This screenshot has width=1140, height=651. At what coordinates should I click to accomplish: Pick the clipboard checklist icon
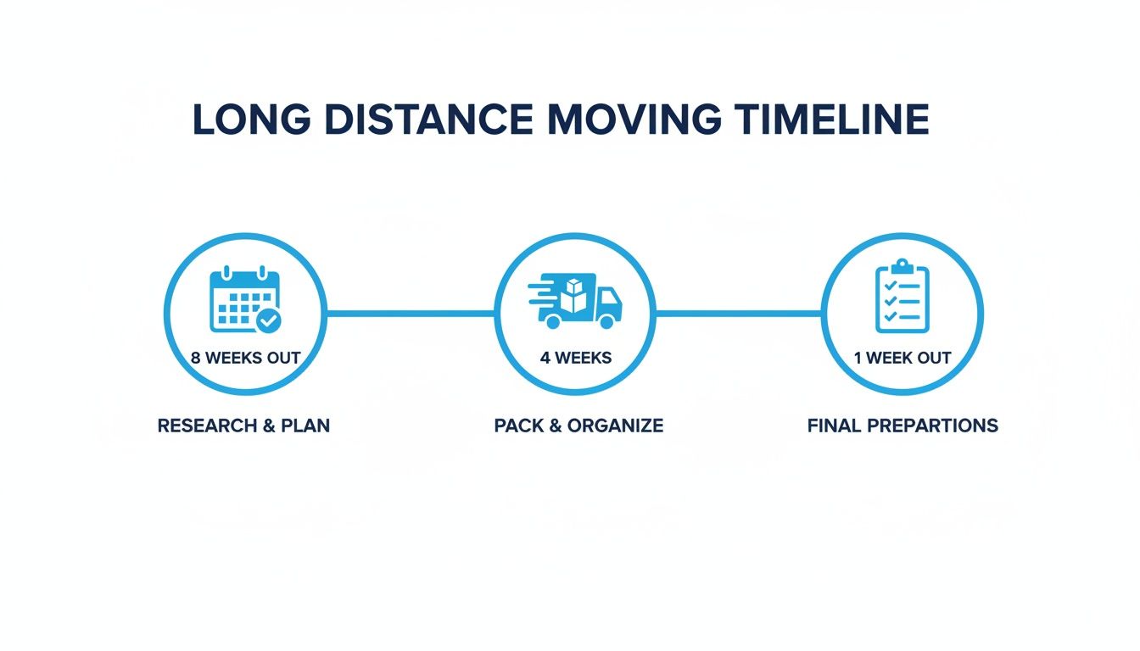[902, 297]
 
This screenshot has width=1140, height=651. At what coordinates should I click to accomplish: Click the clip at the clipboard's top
[902, 266]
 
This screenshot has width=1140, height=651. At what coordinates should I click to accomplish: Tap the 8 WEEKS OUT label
[245, 358]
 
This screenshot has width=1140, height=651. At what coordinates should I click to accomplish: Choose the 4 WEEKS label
[575, 358]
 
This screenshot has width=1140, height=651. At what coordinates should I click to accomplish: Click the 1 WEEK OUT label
[902, 358]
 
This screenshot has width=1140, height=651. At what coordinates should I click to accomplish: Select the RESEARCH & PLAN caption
[243, 426]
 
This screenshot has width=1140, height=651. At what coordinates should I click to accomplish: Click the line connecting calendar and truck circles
[411, 314]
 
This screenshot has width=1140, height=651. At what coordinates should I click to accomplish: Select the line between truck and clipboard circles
[738, 314]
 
